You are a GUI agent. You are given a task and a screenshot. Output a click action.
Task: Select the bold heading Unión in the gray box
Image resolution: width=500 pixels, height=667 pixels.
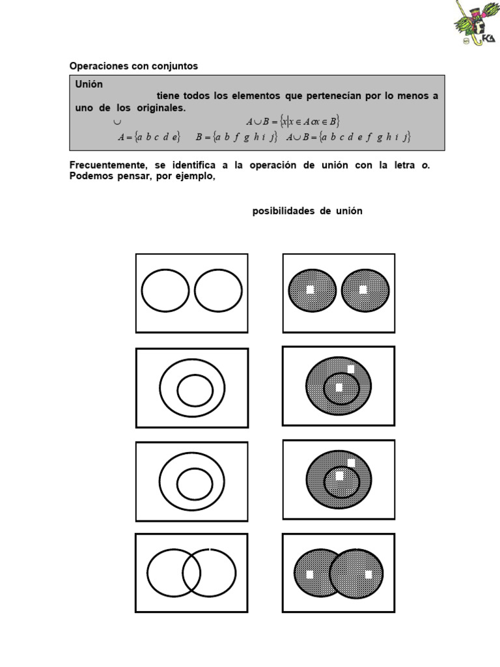tap(89, 85)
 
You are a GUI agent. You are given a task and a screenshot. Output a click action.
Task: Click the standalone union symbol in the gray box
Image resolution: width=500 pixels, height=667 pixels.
tap(117, 121)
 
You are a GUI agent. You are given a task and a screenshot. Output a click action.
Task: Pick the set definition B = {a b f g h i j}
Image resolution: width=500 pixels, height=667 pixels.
tap(236, 137)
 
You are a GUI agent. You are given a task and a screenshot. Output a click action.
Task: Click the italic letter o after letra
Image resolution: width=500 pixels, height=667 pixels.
tap(424, 165)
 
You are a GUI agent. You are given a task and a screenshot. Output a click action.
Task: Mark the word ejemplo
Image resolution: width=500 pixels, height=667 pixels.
tap(193, 177)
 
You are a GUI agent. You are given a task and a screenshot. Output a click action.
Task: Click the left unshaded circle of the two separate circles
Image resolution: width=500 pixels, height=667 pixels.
tap(165, 291)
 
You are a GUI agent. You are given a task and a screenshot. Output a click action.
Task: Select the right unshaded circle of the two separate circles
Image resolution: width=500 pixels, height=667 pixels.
tap(218, 291)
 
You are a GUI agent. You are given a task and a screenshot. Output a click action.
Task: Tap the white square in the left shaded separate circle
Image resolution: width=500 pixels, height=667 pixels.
tap(311, 290)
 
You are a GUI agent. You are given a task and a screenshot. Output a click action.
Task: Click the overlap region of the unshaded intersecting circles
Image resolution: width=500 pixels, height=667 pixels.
tap(191, 573)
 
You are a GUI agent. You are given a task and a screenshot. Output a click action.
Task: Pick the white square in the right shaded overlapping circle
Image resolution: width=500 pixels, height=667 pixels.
tap(368, 575)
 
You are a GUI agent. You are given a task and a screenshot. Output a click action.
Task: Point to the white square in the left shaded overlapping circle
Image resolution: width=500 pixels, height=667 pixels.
tap(310, 575)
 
